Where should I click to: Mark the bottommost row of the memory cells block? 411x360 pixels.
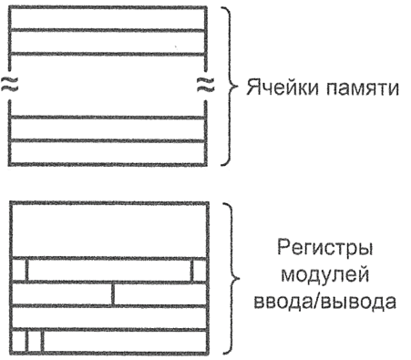(x=108, y=153)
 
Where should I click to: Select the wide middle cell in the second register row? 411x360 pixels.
(x=108, y=271)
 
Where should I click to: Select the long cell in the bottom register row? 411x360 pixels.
(x=126, y=341)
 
